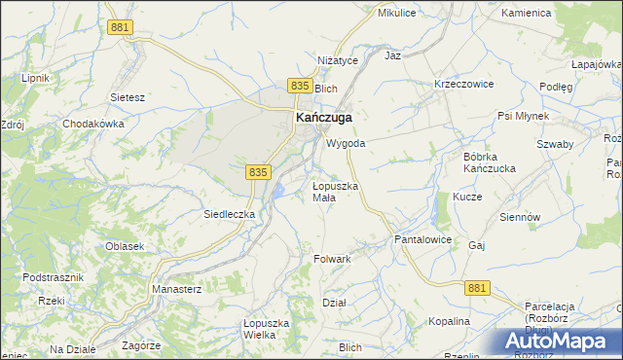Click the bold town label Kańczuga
pyautogui.click(x=323, y=117)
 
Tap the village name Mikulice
pyautogui.click(x=396, y=13)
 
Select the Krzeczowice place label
pyautogui.click(x=464, y=84)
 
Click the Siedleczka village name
pyautogui.click(x=229, y=213)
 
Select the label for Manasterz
pyautogui.click(x=176, y=289)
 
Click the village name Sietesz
pyautogui.click(x=128, y=97)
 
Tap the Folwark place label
pyautogui.click(x=332, y=259)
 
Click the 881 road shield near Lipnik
pyautogui.click(x=120, y=28)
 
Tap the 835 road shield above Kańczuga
pyautogui.click(x=300, y=87)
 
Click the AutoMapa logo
pyautogui.click(x=558, y=342)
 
